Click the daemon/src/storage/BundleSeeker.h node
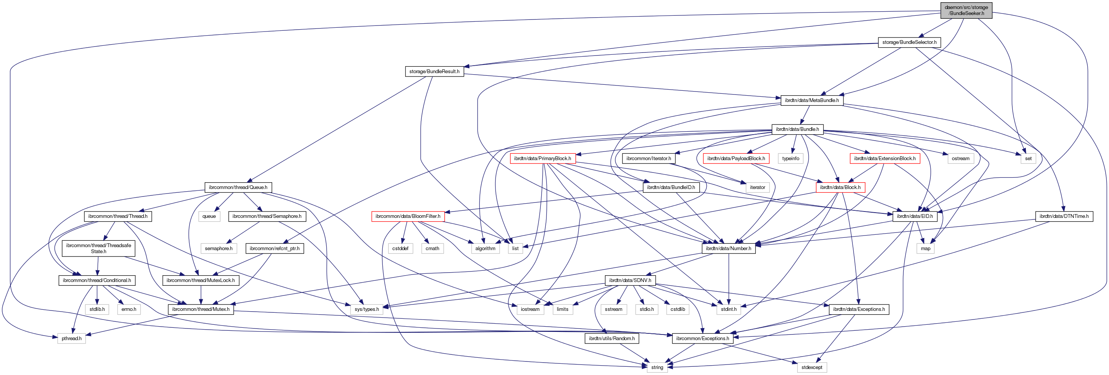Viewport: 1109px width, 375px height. click(x=966, y=10)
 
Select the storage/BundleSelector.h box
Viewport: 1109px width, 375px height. click(x=909, y=42)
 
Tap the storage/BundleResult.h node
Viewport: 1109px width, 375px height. click(x=434, y=72)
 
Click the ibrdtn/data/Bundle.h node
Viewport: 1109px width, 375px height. click(x=797, y=129)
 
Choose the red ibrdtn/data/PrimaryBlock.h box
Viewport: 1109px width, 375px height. click(x=542, y=159)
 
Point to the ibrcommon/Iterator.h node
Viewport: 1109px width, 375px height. click(x=648, y=159)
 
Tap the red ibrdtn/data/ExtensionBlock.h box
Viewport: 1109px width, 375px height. click(x=885, y=159)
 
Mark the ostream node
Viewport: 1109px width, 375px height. click(x=960, y=159)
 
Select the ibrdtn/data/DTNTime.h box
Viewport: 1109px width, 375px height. click(x=1063, y=216)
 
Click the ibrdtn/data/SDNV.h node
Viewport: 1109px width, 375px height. click(x=630, y=280)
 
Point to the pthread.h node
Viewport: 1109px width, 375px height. click(x=72, y=339)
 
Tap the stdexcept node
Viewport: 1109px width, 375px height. click(x=812, y=367)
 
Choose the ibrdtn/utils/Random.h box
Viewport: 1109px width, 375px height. click(x=611, y=339)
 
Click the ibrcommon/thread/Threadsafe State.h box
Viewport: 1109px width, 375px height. click(x=98, y=249)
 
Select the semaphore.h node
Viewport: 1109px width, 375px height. click(x=218, y=249)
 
